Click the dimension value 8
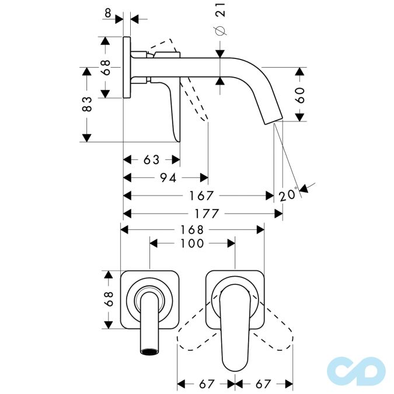click(x=108, y=13)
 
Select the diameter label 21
click(x=221, y=10)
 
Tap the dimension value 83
click(x=87, y=104)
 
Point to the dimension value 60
click(x=300, y=95)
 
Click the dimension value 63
click(x=151, y=160)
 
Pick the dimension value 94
click(x=168, y=178)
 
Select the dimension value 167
click(x=201, y=196)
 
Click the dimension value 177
click(x=207, y=214)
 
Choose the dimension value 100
click(x=192, y=243)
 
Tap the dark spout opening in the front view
click(x=150, y=351)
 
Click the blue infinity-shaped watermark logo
click(x=356, y=371)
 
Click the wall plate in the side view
click(x=127, y=67)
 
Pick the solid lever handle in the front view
click(x=235, y=326)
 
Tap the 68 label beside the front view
click(x=109, y=299)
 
